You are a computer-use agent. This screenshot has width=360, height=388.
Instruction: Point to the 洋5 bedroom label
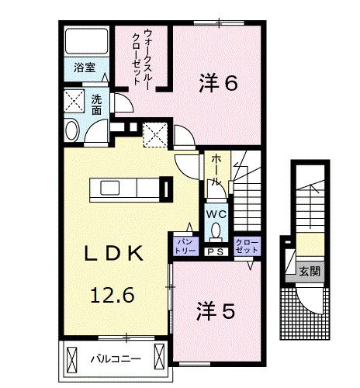coord(214,311)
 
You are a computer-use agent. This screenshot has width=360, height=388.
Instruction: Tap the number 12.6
coord(112,295)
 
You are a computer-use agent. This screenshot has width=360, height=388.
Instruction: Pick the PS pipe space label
coord(215,251)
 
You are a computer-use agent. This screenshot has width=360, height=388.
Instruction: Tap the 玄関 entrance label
coord(309,271)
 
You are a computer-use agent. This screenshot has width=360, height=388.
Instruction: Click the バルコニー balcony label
coord(114,359)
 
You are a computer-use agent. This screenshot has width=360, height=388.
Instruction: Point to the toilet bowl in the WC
coord(216,230)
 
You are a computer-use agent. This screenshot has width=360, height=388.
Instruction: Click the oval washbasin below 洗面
coord(72,130)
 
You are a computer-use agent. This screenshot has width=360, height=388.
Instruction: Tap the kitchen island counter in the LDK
coord(124,189)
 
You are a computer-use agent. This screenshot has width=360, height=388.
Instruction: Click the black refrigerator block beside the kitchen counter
coord(165,189)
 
